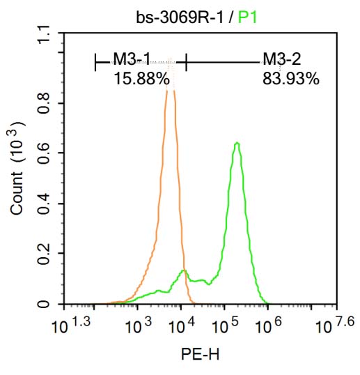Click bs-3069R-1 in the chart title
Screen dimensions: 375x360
coord(182,16)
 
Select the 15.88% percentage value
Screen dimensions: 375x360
coord(141,79)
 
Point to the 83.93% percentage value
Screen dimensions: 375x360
coord(290,79)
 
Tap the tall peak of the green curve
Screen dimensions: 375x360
coord(237,143)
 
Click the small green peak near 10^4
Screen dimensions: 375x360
coord(183,270)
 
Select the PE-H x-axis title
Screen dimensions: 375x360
coord(200,355)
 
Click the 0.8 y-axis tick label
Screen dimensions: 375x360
coord(45,103)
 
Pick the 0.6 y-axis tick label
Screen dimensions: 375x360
coord(45,153)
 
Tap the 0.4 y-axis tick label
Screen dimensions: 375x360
coord(45,204)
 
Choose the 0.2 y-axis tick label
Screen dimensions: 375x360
coord(45,254)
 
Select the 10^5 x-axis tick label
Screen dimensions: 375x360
coord(224,325)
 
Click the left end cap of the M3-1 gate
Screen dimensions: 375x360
coord(95,62)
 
